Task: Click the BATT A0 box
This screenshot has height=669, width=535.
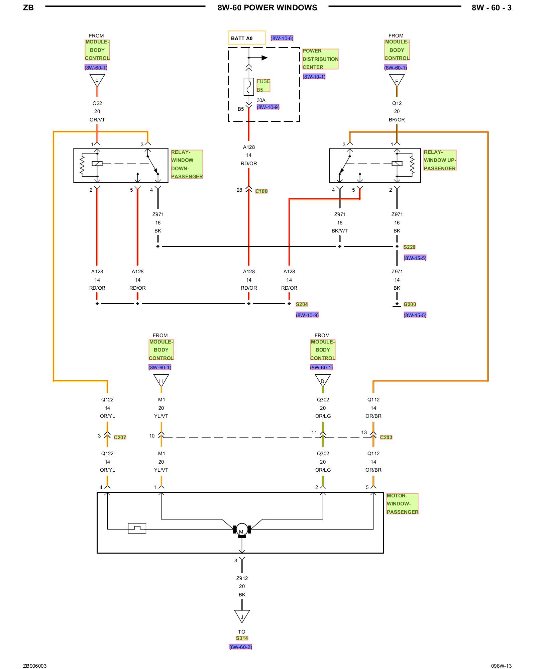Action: (x=247, y=38)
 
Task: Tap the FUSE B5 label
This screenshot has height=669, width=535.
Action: (x=263, y=85)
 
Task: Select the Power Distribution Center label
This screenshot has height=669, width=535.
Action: (x=320, y=59)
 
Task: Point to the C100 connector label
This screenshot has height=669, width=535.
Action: (x=261, y=191)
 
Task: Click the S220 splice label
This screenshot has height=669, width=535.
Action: (x=409, y=247)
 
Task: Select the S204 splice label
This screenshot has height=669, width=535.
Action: (x=302, y=304)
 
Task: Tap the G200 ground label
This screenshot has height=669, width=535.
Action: (x=410, y=304)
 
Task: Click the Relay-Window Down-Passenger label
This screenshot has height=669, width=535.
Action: (x=187, y=164)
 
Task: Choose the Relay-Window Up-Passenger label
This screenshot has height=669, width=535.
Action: (x=440, y=160)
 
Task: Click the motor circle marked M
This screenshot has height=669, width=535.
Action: (x=242, y=530)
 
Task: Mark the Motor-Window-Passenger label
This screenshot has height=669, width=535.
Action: (x=402, y=504)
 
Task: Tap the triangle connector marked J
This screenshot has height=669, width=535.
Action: (x=242, y=616)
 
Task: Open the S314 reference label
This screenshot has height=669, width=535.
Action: (x=242, y=638)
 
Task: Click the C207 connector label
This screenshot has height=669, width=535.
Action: (x=120, y=437)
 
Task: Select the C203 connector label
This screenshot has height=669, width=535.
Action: (x=386, y=437)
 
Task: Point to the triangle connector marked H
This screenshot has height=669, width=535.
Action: (x=161, y=380)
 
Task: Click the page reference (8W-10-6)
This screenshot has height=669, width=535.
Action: (x=282, y=38)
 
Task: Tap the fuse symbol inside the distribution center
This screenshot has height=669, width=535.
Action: (x=249, y=87)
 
